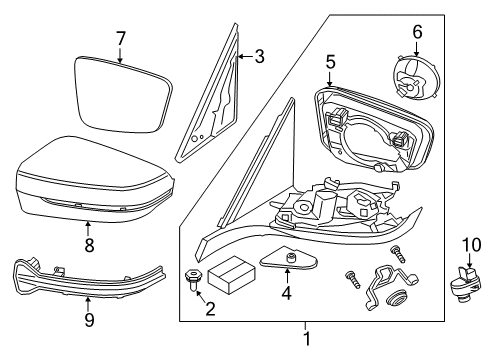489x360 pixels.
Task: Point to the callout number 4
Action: [286, 322]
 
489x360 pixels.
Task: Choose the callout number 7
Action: [120, 38]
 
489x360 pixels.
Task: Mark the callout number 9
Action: [88, 320]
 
